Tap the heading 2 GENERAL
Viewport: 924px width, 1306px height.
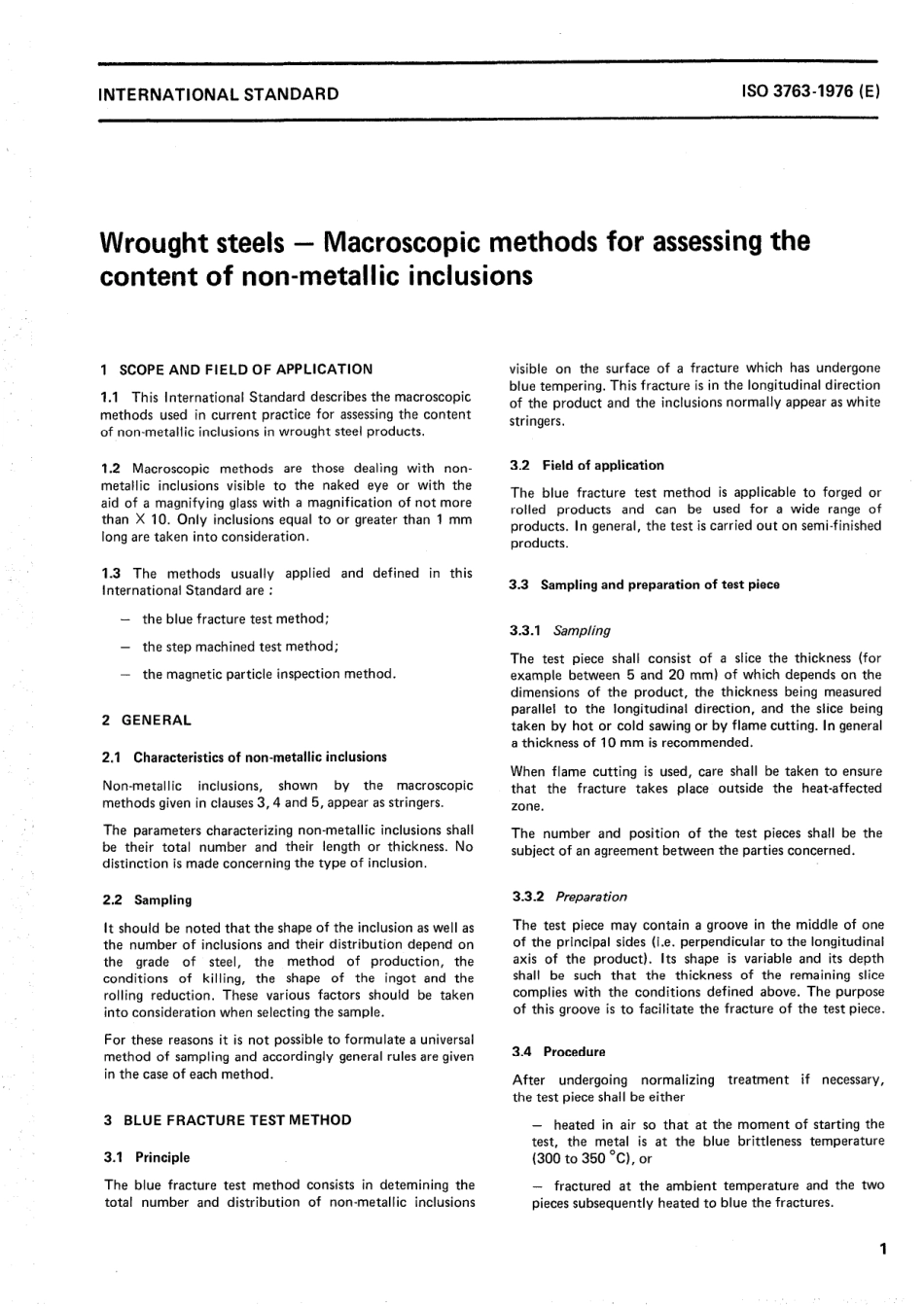[146, 721]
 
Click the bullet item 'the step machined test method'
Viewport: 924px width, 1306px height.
[240, 647]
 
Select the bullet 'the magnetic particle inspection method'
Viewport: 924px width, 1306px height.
[268, 674]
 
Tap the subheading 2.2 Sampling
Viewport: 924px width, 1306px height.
[147, 900]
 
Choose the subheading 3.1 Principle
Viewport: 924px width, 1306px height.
[146, 1157]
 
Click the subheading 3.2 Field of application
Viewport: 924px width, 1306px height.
[587, 465]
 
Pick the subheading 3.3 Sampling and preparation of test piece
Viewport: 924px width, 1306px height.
[645, 584]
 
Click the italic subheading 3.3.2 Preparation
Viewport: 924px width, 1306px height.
[570, 897]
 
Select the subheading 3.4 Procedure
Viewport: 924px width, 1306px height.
[558, 1051]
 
